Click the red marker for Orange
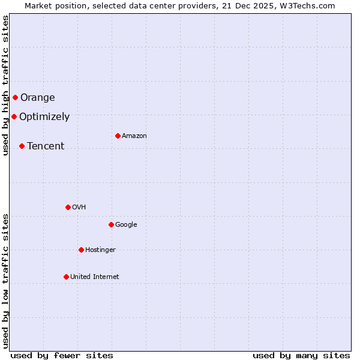pyautogui.click(x=15, y=97)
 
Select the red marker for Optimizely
pyautogui.click(x=14, y=116)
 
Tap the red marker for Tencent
pyautogui.click(x=22, y=146)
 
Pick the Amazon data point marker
pyautogui.click(x=118, y=136)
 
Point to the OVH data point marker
pyautogui.click(x=68, y=207)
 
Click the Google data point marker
pyautogui.click(x=111, y=224)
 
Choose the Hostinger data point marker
pyautogui.click(x=81, y=250)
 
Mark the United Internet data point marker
pyautogui.click(x=66, y=277)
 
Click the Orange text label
pyautogui.click(x=38, y=98)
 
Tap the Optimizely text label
pyautogui.click(x=44, y=117)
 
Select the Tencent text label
pyautogui.click(x=46, y=146)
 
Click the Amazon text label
pyautogui.click(x=134, y=136)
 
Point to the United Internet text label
pyautogui.click(x=95, y=277)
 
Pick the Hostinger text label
pyautogui.click(x=100, y=250)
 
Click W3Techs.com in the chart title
pyautogui.click(x=309, y=5)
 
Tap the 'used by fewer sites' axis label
pyautogui.click(x=62, y=355)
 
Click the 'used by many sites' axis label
pyautogui.click(x=301, y=355)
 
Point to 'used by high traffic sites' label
pyautogui.click(x=5, y=85)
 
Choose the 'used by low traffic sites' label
pyautogui.click(x=5, y=281)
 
